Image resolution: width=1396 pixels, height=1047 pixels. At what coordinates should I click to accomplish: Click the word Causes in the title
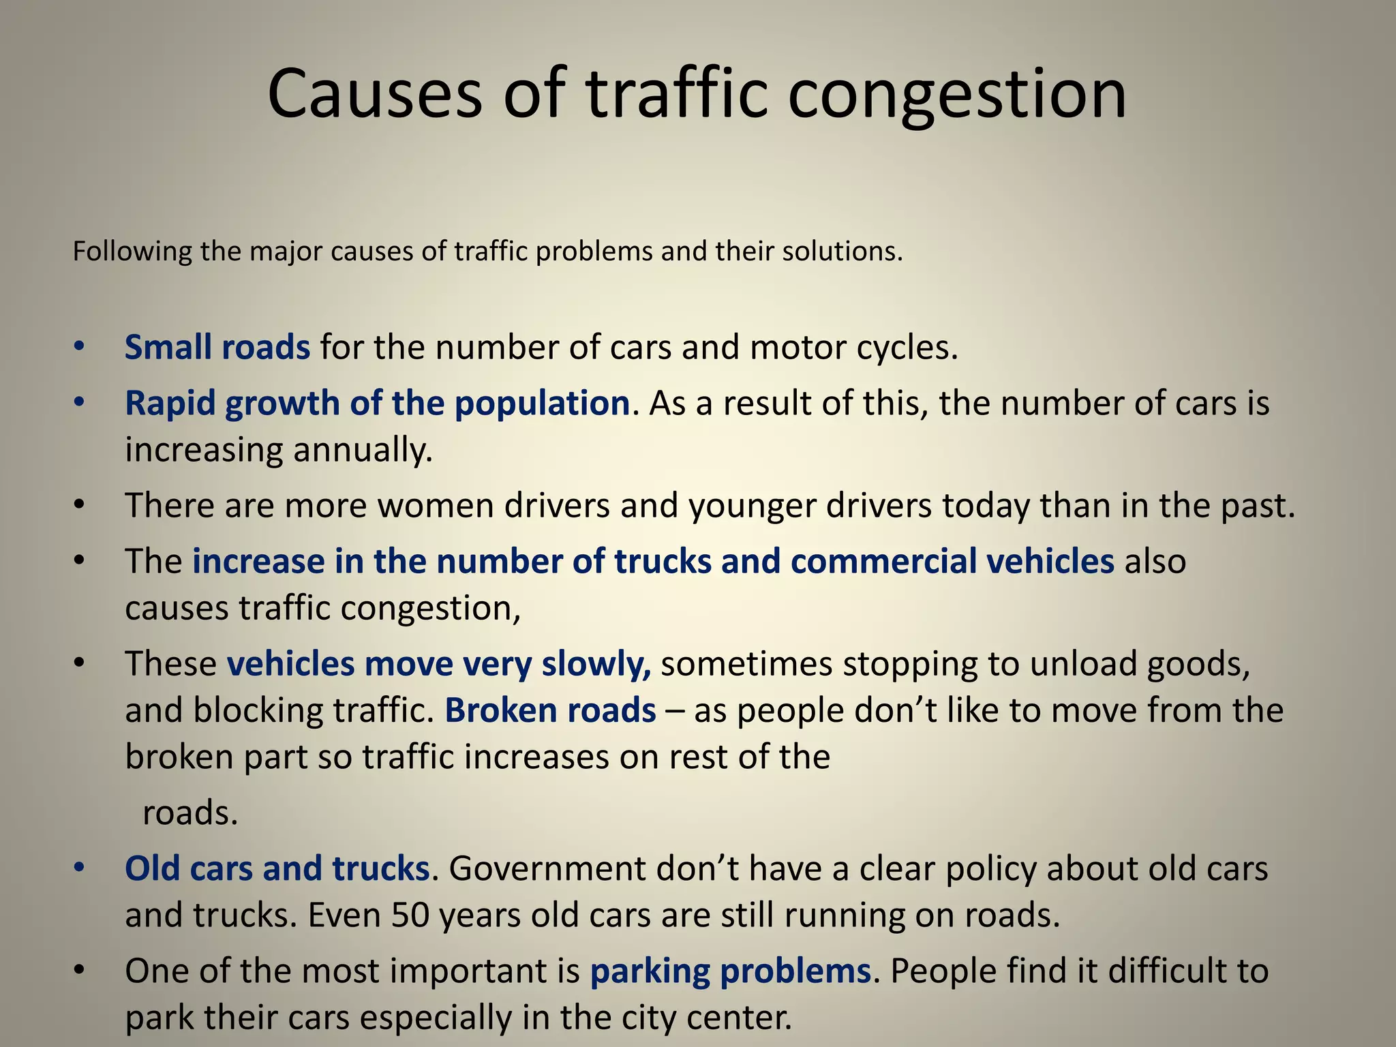click(374, 93)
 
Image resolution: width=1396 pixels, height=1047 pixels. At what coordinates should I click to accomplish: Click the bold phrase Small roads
click(217, 347)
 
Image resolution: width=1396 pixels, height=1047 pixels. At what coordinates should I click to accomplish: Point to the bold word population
click(542, 403)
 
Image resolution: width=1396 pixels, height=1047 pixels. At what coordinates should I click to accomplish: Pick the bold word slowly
click(596, 664)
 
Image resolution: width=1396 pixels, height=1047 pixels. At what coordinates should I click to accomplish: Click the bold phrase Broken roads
click(550, 710)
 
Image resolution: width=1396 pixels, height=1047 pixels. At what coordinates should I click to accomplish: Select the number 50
click(410, 915)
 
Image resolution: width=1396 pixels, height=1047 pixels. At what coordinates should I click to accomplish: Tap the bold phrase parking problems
click(730, 971)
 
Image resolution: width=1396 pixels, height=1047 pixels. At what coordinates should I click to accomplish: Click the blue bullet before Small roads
click(79, 347)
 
